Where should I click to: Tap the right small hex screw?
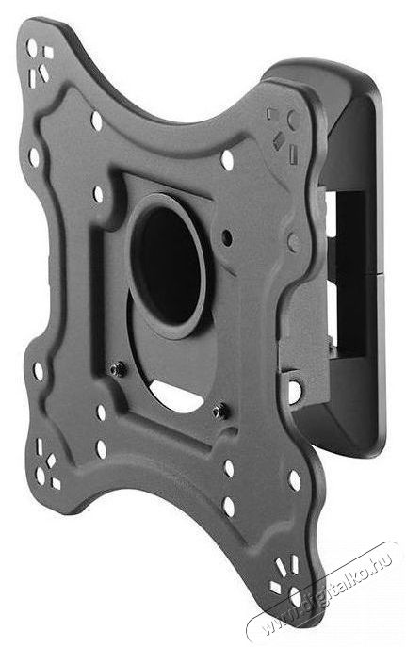pyautogui.click(x=219, y=408)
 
